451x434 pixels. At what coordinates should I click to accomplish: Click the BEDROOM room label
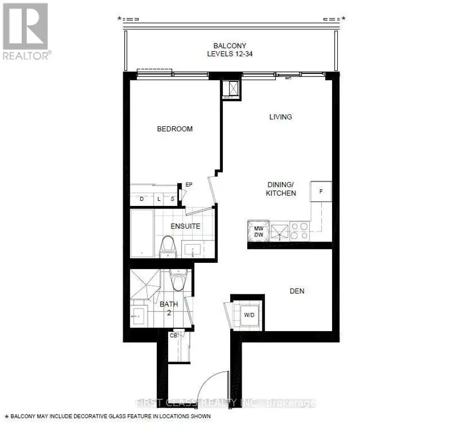pyautogui.click(x=175, y=129)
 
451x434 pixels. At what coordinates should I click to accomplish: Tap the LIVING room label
pyautogui.click(x=280, y=117)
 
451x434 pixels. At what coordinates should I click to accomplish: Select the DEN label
pyautogui.click(x=297, y=291)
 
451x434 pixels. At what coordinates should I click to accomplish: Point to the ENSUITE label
pyautogui.click(x=185, y=226)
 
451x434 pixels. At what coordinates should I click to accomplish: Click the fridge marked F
pyautogui.click(x=321, y=191)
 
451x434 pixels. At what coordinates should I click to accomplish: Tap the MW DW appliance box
pyautogui.click(x=258, y=232)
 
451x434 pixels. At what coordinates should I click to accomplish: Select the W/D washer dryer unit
pyautogui.click(x=249, y=315)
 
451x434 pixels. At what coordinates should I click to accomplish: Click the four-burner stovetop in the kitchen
pyautogui.click(x=299, y=231)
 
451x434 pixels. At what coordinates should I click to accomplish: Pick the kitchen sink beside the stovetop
pyautogui.click(x=279, y=232)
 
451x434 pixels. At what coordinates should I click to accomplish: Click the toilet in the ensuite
pyautogui.click(x=168, y=247)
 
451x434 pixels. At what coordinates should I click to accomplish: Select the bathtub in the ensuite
pyautogui.click(x=142, y=233)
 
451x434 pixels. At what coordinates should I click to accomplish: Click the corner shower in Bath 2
pyautogui.click(x=145, y=284)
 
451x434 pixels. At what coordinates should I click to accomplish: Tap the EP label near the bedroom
pyautogui.click(x=189, y=185)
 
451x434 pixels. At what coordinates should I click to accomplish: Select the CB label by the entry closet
pyautogui.click(x=173, y=336)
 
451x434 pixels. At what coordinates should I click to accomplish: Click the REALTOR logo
pyautogui.click(x=26, y=32)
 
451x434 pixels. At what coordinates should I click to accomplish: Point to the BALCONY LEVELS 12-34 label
pyautogui.click(x=230, y=50)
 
